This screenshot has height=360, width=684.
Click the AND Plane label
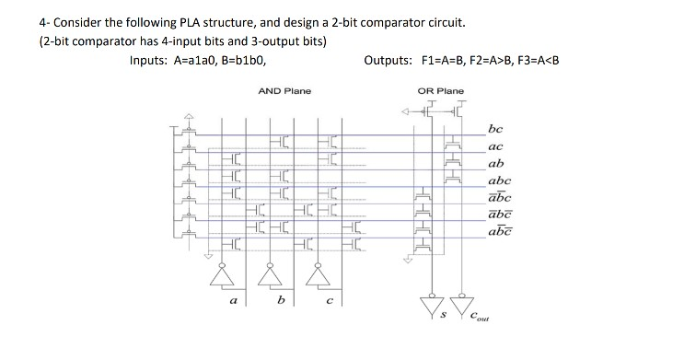click(284, 91)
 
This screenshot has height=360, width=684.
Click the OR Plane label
click(441, 91)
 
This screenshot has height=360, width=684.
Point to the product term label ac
click(496, 147)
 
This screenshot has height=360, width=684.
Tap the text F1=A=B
click(447, 61)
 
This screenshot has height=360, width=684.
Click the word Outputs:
click(390, 61)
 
